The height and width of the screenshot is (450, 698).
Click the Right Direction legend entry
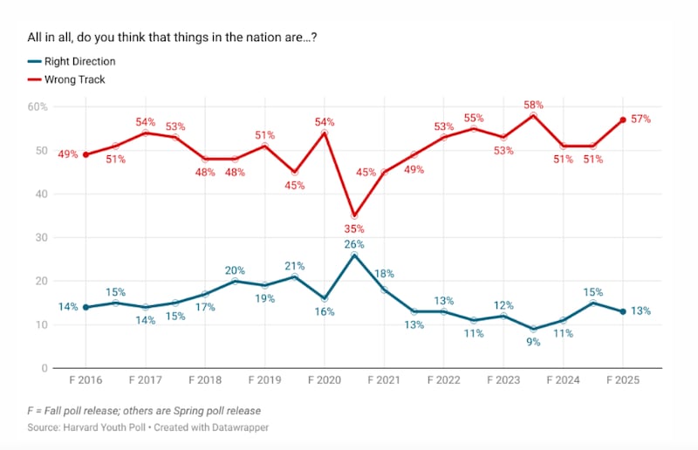tap(77, 62)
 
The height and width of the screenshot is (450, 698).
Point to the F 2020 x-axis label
tap(324, 381)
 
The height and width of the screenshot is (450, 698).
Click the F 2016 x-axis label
tap(86, 381)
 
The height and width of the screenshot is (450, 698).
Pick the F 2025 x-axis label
tap(622, 381)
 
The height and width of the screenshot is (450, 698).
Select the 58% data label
tap(532, 105)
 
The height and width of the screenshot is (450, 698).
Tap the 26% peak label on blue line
tap(353, 244)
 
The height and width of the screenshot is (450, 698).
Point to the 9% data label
tap(532, 342)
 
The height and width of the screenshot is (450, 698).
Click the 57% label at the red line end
tap(641, 119)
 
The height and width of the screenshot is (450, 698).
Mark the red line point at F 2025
tap(622, 119)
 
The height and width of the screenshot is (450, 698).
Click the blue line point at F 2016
tap(86, 307)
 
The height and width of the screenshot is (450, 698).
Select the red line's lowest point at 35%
tap(353, 215)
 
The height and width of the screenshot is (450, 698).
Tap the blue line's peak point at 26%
tap(353, 255)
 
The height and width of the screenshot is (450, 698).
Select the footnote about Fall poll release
tap(144, 411)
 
